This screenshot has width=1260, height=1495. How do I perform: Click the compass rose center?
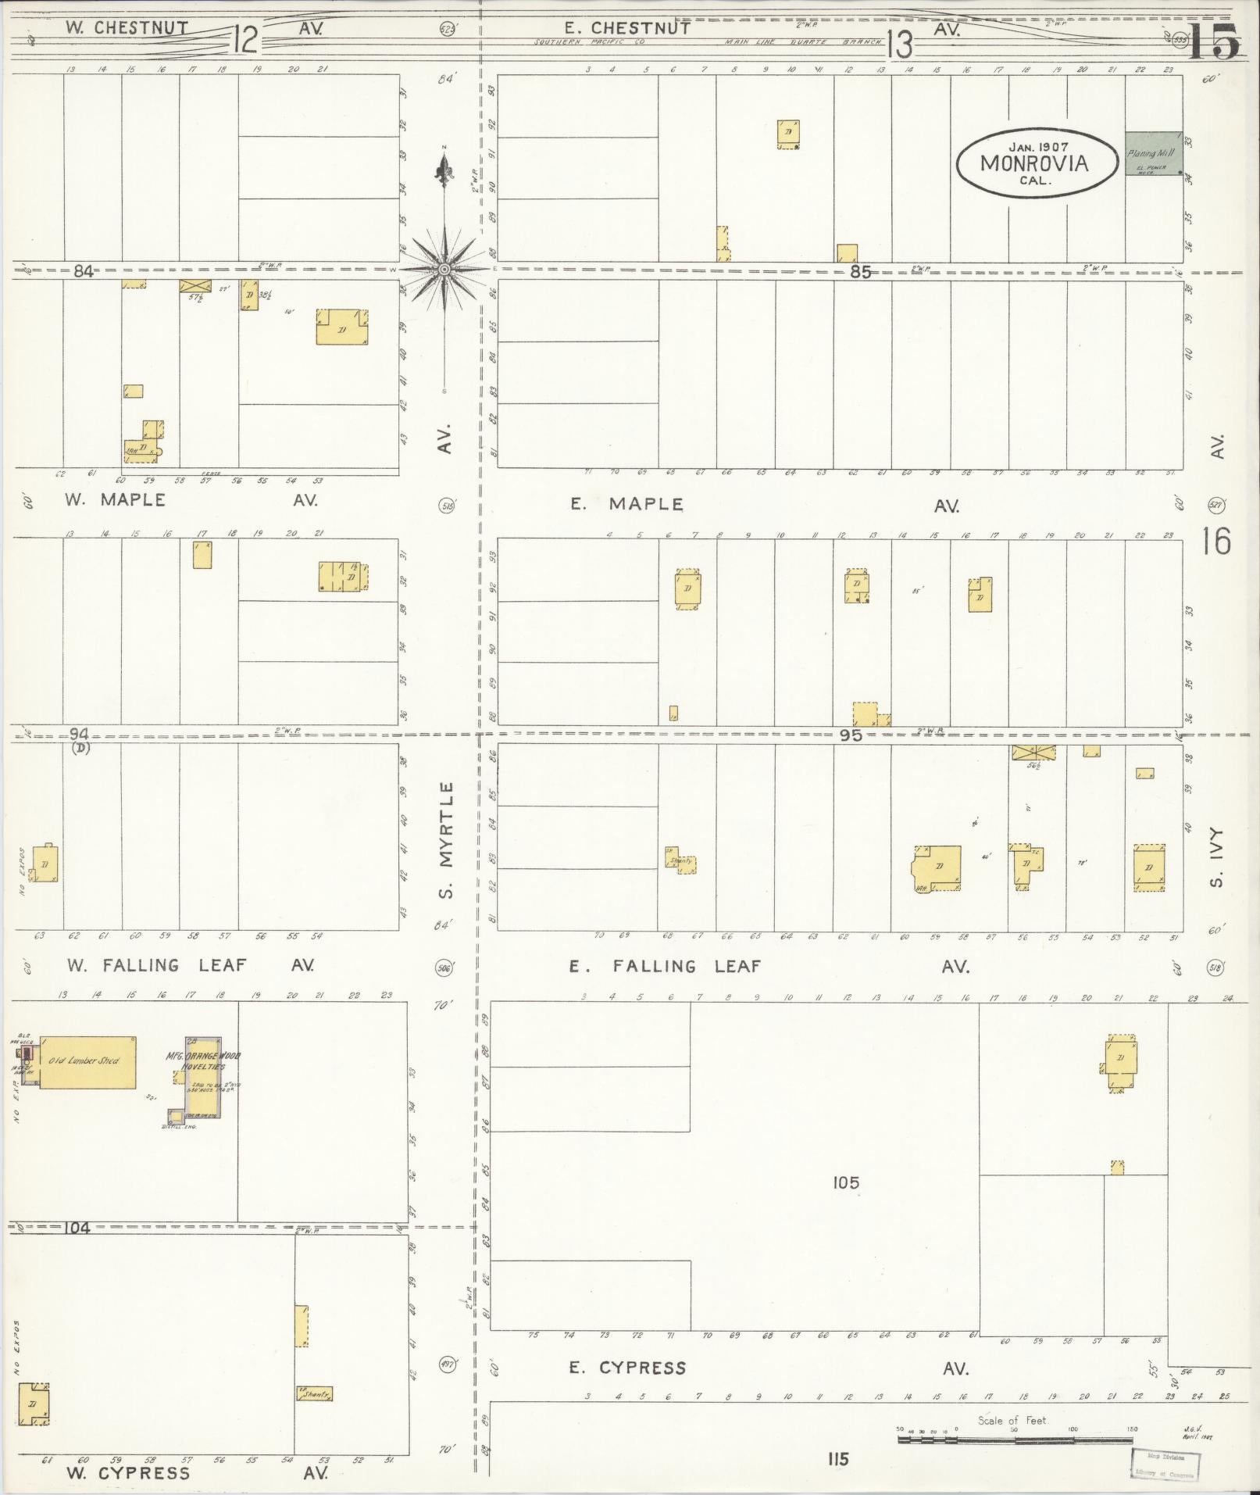point(444,269)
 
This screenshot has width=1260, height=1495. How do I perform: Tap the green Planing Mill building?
point(1154,152)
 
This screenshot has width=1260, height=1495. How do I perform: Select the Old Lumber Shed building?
point(87,1061)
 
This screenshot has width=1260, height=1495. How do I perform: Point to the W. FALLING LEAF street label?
point(155,965)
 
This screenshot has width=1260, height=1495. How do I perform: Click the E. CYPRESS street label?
point(627,1368)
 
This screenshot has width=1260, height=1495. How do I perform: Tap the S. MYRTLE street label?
point(445,839)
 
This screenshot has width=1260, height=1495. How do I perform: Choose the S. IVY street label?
point(1215,857)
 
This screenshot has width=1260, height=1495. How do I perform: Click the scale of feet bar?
point(1015,1439)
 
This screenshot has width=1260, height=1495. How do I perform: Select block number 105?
point(845,1182)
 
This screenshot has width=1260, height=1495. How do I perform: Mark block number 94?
point(79,734)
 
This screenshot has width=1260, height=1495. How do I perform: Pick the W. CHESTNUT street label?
point(126,27)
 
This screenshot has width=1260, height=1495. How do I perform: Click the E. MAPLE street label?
point(626,504)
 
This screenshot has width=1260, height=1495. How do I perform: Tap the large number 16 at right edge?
point(1216,541)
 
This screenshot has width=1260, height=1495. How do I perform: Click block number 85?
point(859,272)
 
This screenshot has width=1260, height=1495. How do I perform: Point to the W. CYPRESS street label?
point(127,1473)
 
